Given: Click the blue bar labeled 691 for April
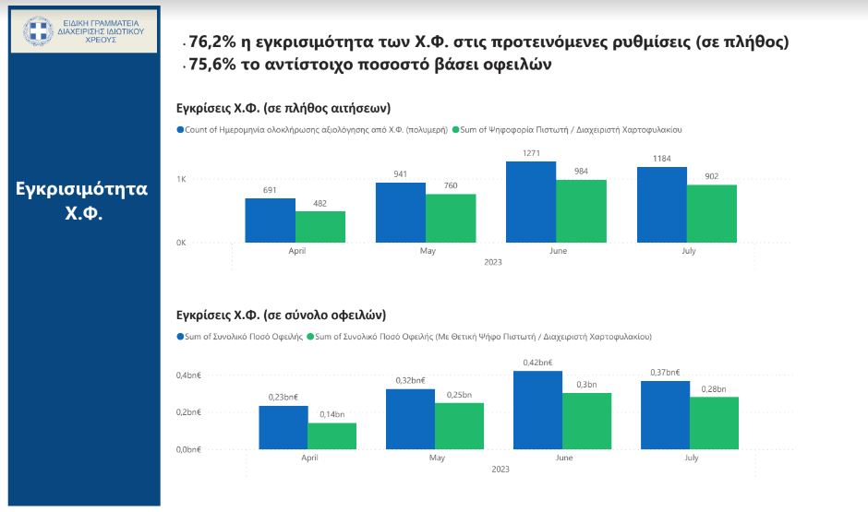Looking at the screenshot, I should [x=270, y=220].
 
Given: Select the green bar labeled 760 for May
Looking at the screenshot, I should [x=451, y=219].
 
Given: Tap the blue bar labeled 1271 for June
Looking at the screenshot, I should [x=531, y=202].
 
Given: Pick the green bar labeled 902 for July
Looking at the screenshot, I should [x=712, y=214].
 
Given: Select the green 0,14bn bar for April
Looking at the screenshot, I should [x=332, y=435].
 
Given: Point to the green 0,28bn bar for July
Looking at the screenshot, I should [x=714, y=423].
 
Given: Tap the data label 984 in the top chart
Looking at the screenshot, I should [x=581, y=172].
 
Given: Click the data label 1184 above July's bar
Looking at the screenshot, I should [x=661, y=159].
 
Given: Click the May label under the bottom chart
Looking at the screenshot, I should [x=435, y=458].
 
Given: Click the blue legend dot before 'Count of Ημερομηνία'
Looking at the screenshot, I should [x=180, y=130].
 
